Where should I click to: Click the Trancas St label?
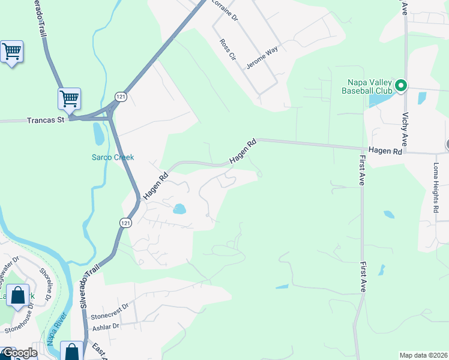click(x=46, y=120)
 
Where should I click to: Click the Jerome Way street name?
click(x=262, y=58)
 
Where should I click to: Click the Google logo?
click(x=19, y=353)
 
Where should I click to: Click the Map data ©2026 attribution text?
click(x=423, y=355)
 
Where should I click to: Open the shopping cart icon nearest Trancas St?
click(x=69, y=98)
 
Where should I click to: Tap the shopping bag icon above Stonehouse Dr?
click(x=17, y=296)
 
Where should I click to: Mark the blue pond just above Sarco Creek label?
click(x=98, y=133)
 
